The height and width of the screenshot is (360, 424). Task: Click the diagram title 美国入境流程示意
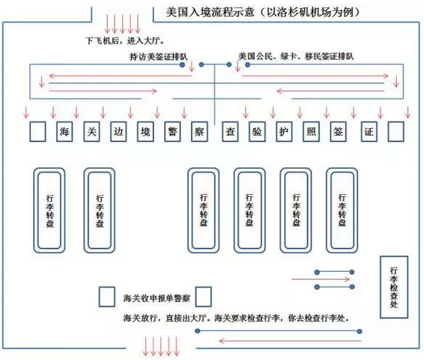pyautogui.click(x=210, y=13)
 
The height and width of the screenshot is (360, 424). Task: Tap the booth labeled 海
pyautogui.click(x=64, y=132)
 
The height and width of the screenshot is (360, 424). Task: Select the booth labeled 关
pyautogui.click(x=92, y=132)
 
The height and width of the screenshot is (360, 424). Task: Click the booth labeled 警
pyautogui.click(x=172, y=132)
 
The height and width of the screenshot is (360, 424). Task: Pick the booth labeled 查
pyautogui.click(x=230, y=132)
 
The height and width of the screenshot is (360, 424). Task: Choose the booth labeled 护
pyautogui.click(x=284, y=132)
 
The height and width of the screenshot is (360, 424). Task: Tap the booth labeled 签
pyautogui.click(x=338, y=132)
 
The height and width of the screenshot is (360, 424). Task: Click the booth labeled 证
pyautogui.click(x=369, y=132)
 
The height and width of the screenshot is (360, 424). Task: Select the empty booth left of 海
pyautogui.click(x=38, y=132)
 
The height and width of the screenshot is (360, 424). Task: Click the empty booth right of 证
pyautogui.click(x=396, y=132)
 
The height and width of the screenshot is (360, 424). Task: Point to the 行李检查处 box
pyautogui.click(x=394, y=287)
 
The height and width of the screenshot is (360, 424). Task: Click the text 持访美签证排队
pyautogui.click(x=158, y=57)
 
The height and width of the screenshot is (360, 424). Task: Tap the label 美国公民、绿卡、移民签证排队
pyautogui.click(x=296, y=56)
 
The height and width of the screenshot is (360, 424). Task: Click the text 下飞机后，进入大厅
pyautogui.click(x=126, y=41)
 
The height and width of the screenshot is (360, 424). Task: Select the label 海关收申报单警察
pyautogui.click(x=157, y=299)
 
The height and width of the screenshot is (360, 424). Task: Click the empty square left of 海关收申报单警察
pyautogui.click(x=107, y=297)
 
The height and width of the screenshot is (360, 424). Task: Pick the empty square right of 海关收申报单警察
pyautogui.click(x=203, y=297)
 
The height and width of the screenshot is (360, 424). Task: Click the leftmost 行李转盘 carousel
pyautogui.click(x=50, y=210)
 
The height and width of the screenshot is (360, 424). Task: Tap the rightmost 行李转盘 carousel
pyautogui.click(x=342, y=210)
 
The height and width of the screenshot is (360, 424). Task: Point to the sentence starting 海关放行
pyautogui.click(x=236, y=318)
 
